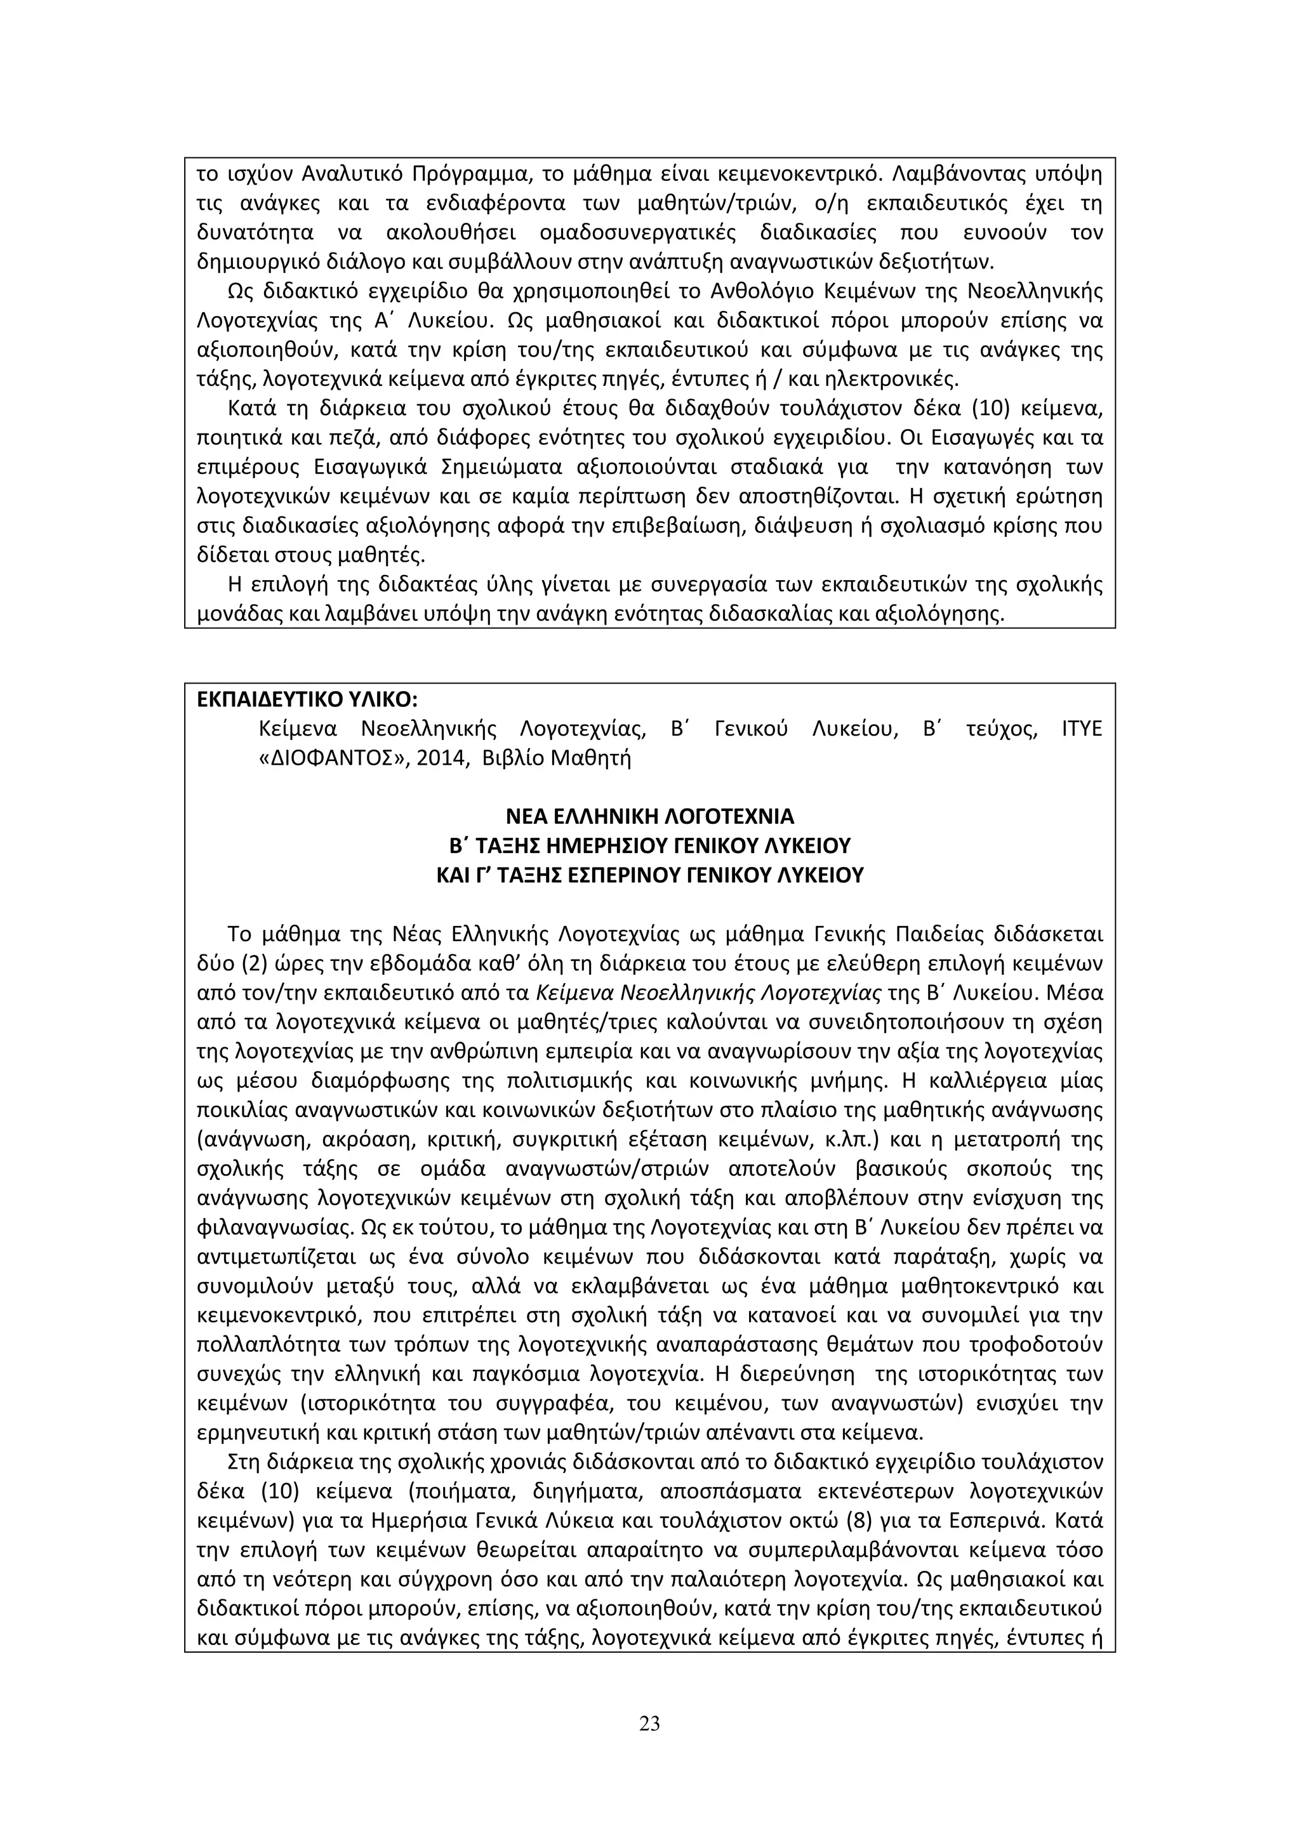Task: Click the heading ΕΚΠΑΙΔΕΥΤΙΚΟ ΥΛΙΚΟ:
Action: (307, 699)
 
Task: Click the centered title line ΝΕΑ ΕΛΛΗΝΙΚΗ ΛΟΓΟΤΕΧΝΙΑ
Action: (649, 817)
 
